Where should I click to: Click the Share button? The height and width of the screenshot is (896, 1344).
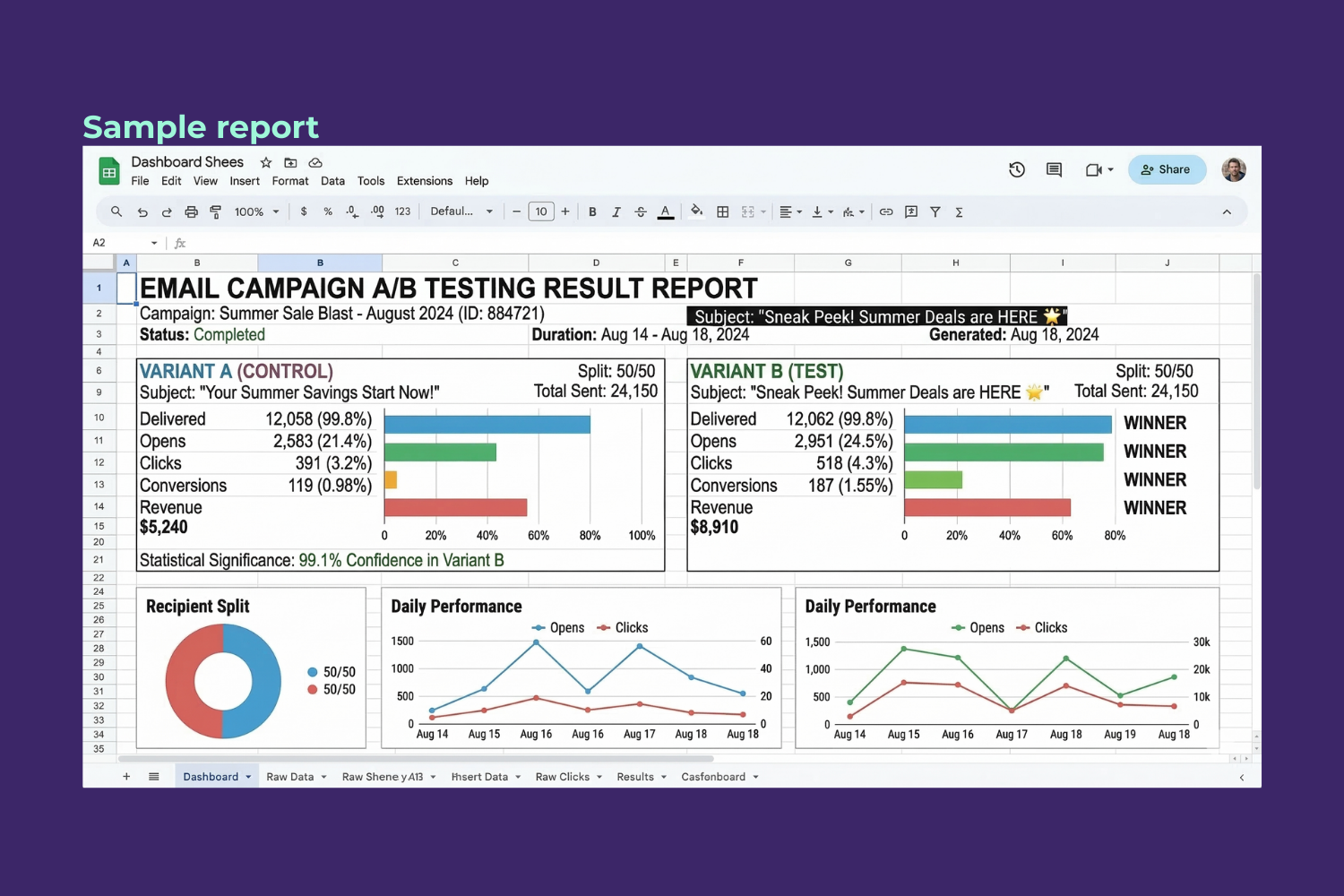point(1167,169)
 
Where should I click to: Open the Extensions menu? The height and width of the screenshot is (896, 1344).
point(424,181)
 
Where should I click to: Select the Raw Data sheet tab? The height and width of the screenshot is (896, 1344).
point(290,777)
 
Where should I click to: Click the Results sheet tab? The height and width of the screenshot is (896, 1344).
point(635,777)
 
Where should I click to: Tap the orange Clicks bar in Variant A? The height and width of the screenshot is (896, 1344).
point(391,480)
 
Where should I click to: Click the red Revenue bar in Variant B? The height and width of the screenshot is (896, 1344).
point(986,508)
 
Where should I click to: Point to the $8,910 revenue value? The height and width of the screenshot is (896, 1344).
point(714,527)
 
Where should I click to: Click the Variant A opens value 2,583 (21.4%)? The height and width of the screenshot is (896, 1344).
point(322,441)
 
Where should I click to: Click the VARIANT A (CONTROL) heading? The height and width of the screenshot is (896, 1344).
point(237,371)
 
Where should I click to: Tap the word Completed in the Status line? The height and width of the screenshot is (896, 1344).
point(229,334)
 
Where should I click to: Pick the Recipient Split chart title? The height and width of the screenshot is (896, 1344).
point(198,607)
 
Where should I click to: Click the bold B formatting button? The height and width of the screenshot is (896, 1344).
point(592,212)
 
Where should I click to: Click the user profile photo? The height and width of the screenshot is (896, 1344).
point(1234,169)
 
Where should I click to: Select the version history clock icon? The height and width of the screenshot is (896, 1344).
point(1017,169)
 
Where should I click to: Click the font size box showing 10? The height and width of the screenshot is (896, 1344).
point(541,212)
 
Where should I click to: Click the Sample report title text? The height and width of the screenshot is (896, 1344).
point(201,127)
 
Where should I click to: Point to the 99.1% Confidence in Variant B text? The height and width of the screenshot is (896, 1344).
point(401,560)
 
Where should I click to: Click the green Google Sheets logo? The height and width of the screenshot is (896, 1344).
point(109,171)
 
